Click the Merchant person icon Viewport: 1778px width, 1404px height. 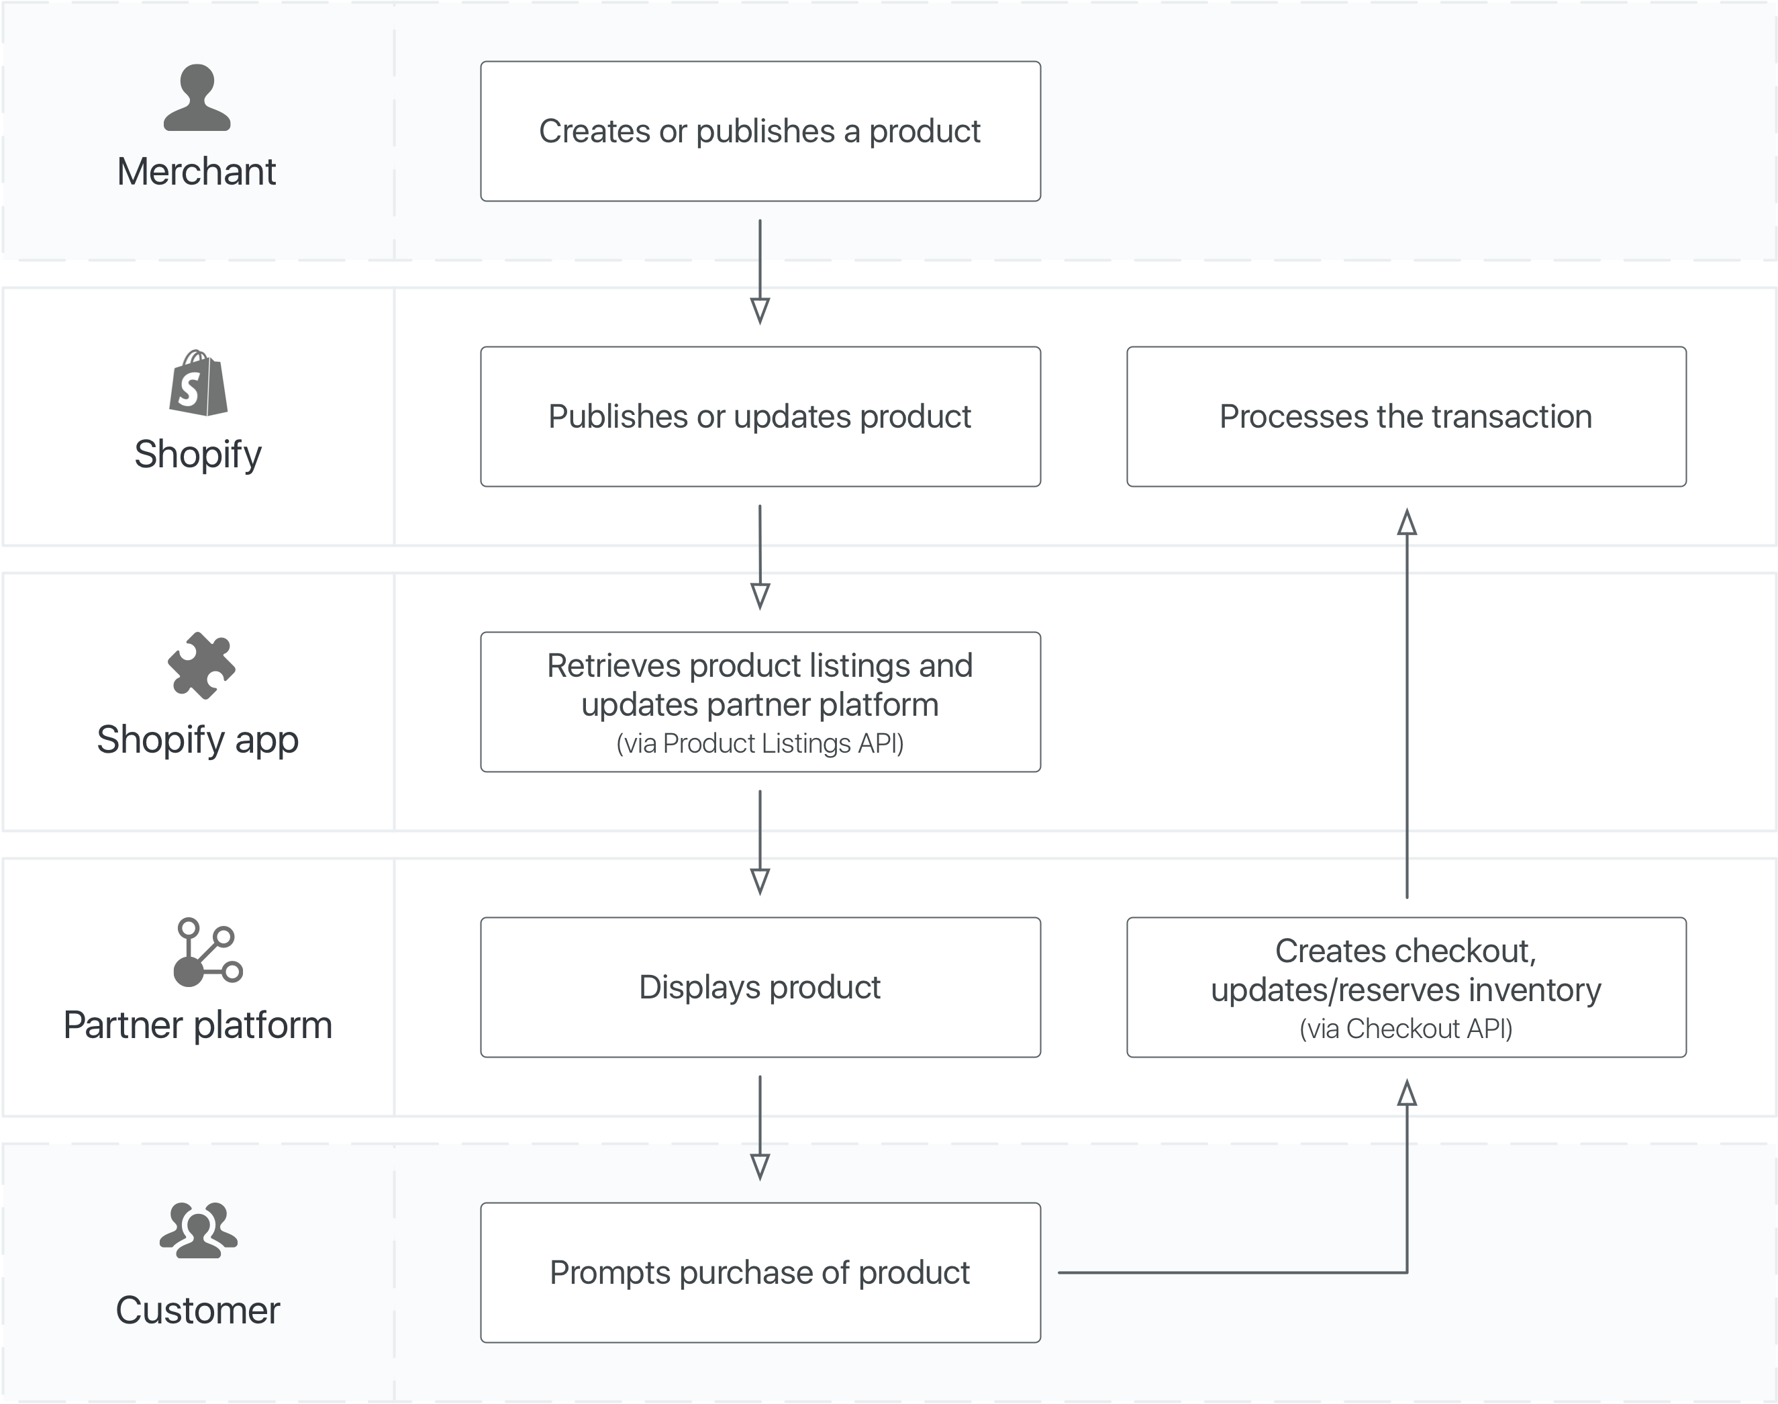197,98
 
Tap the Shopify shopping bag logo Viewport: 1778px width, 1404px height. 198,382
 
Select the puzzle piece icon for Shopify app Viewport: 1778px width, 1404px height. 201,666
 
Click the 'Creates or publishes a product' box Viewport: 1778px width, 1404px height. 760,132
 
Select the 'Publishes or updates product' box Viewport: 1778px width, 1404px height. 760,417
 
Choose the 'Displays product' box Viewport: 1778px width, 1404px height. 760,987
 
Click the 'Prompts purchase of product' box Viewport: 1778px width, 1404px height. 760,1272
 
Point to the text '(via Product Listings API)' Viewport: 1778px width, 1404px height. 760,743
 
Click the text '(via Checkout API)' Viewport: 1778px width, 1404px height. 1405,1029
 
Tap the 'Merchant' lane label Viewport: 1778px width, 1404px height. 197,172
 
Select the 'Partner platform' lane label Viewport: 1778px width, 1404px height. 198,1026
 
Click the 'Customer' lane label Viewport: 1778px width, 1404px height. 198,1310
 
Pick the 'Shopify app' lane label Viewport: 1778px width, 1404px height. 198,740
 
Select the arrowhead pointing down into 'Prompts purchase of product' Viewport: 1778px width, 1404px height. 760,1167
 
